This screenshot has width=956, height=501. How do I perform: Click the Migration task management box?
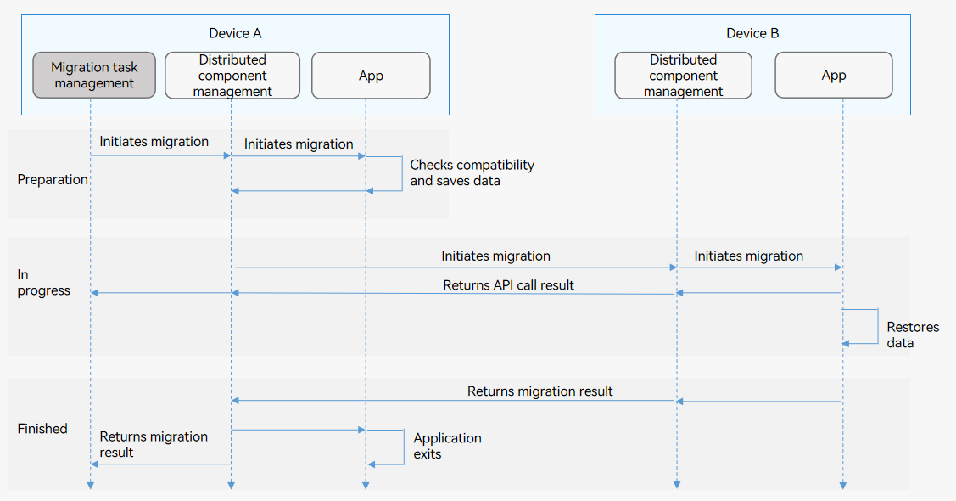point(94,75)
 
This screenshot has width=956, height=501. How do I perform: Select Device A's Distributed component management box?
point(232,75)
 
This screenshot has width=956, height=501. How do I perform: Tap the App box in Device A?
point(371,75)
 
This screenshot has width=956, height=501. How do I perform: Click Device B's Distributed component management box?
point(683,75)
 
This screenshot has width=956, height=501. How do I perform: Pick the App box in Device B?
point(834,75)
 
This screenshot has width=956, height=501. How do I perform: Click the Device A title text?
point(235,33)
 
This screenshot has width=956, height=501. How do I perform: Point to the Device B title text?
point(752,33)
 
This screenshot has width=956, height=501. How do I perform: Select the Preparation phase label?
point(53,179)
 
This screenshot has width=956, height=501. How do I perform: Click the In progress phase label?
point(43,283)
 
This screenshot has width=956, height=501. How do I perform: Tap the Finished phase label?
point(42,428)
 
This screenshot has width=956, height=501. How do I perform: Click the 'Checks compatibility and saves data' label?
point(472,172)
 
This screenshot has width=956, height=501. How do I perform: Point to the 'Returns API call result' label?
point(508,285)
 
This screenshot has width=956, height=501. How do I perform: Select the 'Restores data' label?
point(913,335)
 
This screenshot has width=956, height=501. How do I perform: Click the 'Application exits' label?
point(447,446)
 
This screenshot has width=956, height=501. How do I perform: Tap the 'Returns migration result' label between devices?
point(539,391)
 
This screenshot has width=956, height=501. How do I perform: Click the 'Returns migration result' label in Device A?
point(154,444)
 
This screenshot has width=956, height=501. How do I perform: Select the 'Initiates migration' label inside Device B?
point(749,256)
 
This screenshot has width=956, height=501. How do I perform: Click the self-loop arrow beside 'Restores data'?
point(878,326)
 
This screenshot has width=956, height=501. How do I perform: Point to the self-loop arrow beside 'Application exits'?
point(404,448)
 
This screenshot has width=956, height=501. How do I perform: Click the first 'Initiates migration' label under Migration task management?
point(154,142)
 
